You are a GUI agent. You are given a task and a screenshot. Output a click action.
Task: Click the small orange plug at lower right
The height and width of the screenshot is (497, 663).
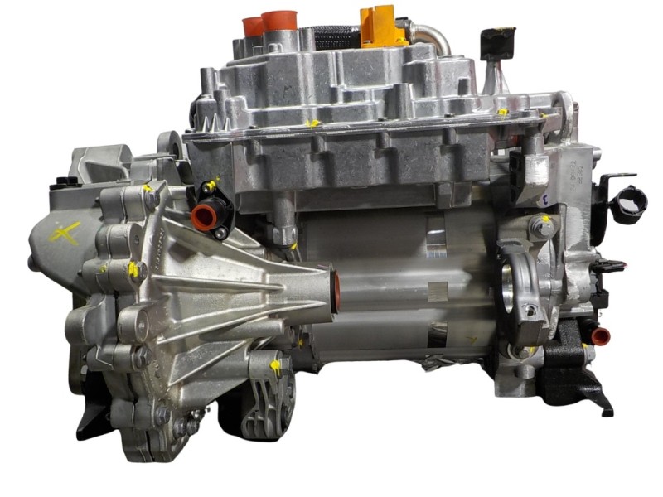600,335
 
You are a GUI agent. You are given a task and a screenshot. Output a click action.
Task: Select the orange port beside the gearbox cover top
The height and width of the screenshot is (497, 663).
203,217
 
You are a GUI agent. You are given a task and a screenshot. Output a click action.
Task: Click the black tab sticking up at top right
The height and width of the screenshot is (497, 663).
497,41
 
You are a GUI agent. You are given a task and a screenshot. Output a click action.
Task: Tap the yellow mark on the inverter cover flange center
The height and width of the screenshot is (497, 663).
312,124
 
